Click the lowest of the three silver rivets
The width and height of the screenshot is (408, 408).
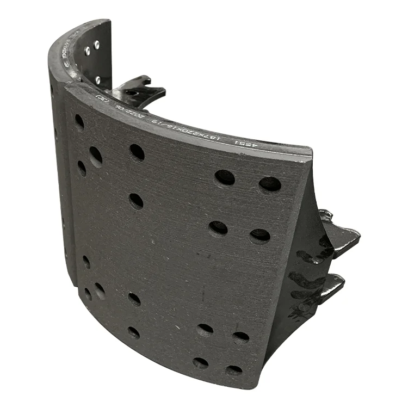coord(98,79)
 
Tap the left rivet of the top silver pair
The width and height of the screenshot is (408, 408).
coord(88,51)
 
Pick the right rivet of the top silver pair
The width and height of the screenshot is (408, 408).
coord(97,45)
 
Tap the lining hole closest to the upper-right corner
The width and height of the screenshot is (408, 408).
coord(270,184)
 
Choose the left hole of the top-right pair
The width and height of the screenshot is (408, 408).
coord(225,177)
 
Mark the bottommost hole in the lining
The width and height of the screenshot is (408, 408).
coord(234,370)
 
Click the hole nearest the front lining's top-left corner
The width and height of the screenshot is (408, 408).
coord(79,121)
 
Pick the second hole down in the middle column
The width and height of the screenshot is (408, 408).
coord(136,201)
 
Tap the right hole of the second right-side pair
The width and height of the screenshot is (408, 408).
coord(260,236)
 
